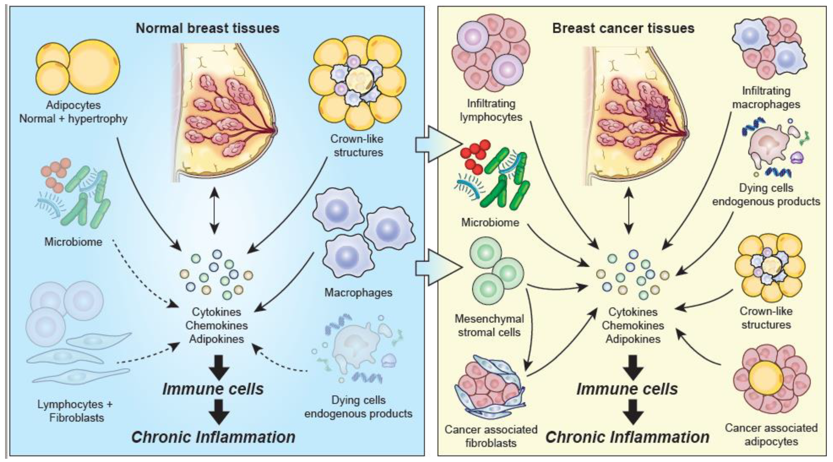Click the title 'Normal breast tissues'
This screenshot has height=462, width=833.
[207, 28]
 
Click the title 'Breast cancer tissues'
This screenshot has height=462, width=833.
[623, 28]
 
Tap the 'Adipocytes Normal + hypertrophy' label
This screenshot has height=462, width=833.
[73, 112]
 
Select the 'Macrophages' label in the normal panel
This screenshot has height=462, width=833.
[358, 292]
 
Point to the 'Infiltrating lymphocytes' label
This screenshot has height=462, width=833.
[491, 110]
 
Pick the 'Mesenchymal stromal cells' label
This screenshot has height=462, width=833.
[489, 326]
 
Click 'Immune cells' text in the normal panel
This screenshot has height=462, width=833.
[213, 389]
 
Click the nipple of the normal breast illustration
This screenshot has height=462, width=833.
[275, 130]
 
